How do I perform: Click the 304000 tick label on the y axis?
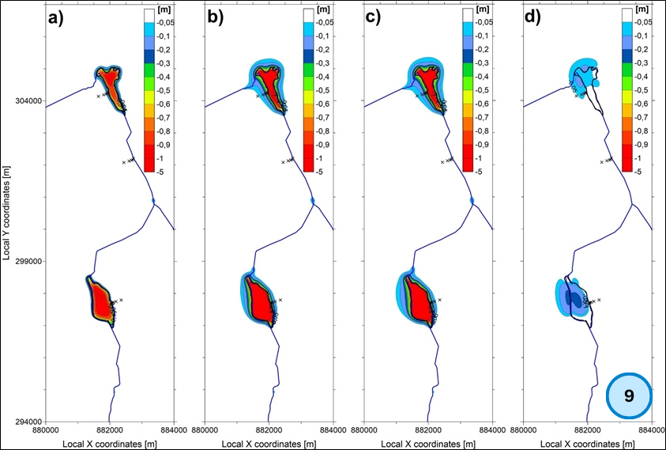(x=28, y=101)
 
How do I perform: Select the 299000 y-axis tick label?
(x=28, y=261)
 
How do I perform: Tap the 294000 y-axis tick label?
(x=28, y=422)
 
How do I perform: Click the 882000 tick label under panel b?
(x=269, y=431)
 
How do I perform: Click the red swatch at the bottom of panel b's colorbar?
(x=310, y=163)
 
